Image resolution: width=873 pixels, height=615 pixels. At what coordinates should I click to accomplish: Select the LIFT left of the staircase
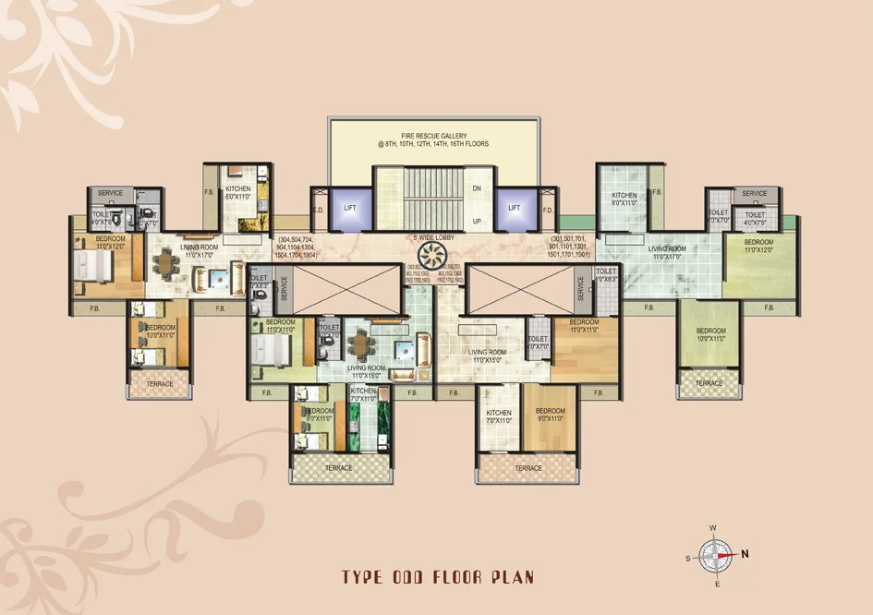pyautogui.click(x=350, y=208)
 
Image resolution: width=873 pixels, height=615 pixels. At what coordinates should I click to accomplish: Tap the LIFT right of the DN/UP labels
pyautogui.click(x=515, y=208)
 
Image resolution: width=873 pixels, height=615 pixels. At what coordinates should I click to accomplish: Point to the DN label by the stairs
pyautogui.click(x=477, y=188)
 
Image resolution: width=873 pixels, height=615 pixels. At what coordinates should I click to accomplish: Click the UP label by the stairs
pyautogui.click(x=477, y=222)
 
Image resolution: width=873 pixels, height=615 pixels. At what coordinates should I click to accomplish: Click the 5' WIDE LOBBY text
pyautogui.click(x=430, y=237)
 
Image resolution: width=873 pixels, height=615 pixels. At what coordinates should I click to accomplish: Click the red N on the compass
pyautogui.click(x=745, y=554)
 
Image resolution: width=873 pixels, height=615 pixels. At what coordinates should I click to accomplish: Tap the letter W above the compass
pyautogui.click(x=712, y=527)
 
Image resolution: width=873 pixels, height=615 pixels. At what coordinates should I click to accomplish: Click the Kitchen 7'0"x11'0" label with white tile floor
pyautogui.click(x=499, y=416)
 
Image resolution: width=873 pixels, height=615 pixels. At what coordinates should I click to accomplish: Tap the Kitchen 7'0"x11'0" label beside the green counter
pyautogui.click(x=364, y=395)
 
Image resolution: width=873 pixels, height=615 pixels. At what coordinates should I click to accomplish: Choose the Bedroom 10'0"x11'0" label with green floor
pyautogui.click(x=710, y=334)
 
